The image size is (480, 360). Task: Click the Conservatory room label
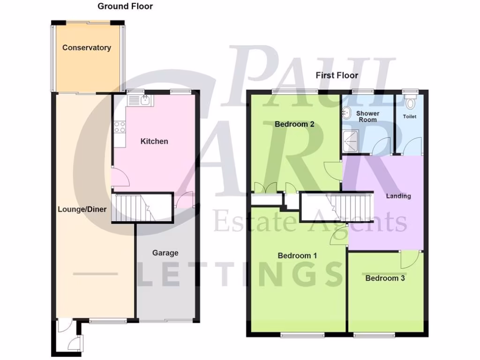(x=87, y=48)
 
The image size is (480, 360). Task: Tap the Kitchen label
(x=154, y=141)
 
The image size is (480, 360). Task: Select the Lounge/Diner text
(x=82, y=210)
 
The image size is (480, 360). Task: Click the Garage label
(x=165, y=253)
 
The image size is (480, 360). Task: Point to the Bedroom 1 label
(x=297, y=256)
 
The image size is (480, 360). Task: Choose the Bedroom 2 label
(x=294, y=125)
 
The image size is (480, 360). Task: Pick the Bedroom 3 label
(x=385, y=278)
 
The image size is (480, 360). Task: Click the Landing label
(x=398, y=196)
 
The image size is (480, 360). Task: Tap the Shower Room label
(x=367, y=116)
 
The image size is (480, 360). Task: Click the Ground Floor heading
(x=125, y=7)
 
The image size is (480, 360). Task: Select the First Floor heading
(x=337, y=75)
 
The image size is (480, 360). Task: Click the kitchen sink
(x=139, y=100)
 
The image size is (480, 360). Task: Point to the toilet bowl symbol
(x=412, y=102)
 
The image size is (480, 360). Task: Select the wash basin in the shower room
(x=347, y=112)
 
